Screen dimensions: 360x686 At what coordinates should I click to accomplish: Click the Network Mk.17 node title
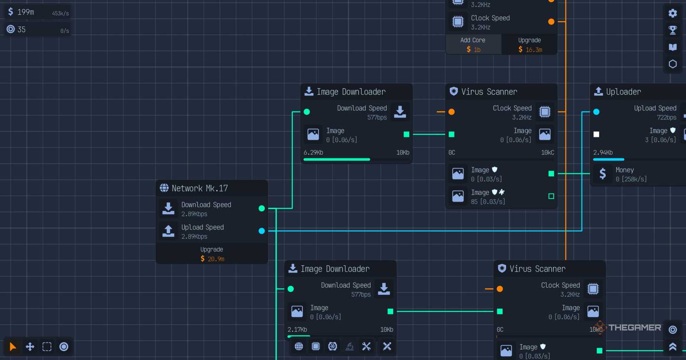[x=200, y=188]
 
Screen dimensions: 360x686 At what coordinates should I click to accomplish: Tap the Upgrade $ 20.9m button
[x=212, y=254]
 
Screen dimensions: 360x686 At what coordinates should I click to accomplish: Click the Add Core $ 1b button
[x=473, y=45]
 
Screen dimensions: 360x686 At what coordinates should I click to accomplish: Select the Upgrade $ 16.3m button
[x=529, y=45]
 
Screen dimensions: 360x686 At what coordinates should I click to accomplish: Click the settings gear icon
[x=673, y=13]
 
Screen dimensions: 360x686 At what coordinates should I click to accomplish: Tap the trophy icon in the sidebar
[x=673, y=30]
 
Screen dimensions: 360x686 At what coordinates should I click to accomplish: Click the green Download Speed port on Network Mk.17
[x=262, y=208]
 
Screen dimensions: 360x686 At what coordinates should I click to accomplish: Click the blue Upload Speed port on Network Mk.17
[x=262, y=231]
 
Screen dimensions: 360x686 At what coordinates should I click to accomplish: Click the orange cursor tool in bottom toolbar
[x=13, y=347]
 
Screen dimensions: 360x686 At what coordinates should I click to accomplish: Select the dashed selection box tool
[x=47, y=347]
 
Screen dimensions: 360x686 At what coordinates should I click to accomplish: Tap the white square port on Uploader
[x=596, y=134]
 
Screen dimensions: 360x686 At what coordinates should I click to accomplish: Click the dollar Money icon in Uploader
[x=602, y=174]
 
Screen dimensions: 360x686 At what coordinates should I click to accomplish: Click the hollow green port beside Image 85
[x=551, y=196]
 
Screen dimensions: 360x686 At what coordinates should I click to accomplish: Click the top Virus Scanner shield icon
[x=454, y=91]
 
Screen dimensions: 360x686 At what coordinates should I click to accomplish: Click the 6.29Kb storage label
[x=313, y=153]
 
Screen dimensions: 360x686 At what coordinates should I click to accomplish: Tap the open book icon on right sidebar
[x=673, y=47]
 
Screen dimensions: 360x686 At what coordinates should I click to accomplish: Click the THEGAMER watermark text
[x=634, y=328]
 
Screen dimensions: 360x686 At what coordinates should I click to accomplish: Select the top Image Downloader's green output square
[x=407, y=134]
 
